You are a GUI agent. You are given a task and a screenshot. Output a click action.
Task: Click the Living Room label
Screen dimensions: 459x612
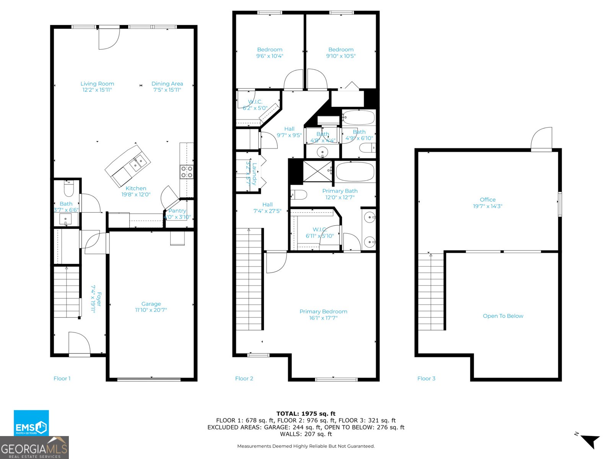click(97, 84)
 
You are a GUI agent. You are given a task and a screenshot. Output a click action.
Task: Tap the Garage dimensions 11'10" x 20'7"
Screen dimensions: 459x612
click(151, 310)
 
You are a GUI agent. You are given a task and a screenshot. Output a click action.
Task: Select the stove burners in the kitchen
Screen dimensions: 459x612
click(187, 172)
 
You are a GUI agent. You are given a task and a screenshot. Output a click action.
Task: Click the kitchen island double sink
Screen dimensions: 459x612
click(137, 163)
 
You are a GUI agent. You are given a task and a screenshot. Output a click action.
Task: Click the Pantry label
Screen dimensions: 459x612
click(177, 211)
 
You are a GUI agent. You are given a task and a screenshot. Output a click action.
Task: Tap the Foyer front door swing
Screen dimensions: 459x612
click(79, 343)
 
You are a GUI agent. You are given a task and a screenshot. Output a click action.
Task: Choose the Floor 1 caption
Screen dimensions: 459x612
click(62, 378)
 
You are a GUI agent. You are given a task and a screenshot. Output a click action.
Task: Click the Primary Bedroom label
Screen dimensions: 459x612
click(323, 311)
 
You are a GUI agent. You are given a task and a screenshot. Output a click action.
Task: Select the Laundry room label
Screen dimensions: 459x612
click(254, 174)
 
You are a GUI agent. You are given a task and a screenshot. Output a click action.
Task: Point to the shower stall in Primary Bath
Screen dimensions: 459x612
click(317, 171)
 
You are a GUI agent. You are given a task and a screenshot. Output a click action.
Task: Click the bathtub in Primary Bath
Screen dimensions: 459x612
click(355, 171)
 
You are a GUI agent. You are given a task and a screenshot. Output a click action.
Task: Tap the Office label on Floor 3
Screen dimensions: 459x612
click(487, 200)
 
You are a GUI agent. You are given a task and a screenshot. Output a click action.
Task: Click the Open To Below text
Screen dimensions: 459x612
click(503, 316)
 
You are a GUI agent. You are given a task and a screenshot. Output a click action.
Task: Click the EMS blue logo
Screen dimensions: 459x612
click(31, 423)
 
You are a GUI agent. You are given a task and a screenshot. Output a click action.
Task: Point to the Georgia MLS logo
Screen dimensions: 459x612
click(34, 448)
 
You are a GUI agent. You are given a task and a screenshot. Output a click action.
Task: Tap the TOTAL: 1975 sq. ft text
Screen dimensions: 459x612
click(306, 413)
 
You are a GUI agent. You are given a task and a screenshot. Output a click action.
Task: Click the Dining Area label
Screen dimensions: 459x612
click(167, 84)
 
